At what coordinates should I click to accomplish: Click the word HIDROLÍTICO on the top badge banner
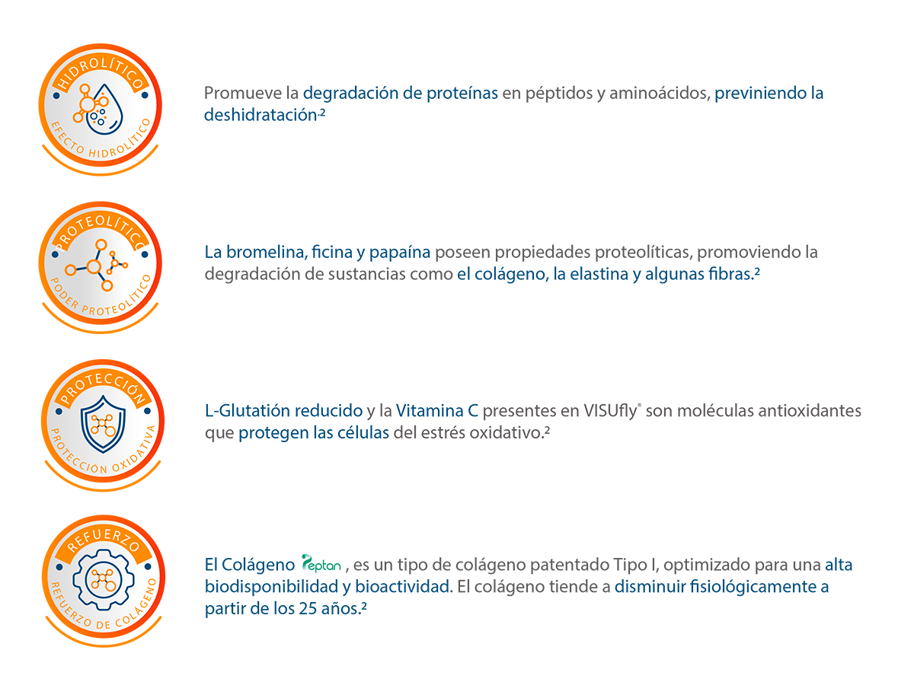pos(101,79)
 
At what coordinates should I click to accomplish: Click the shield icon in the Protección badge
pos(101,422)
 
